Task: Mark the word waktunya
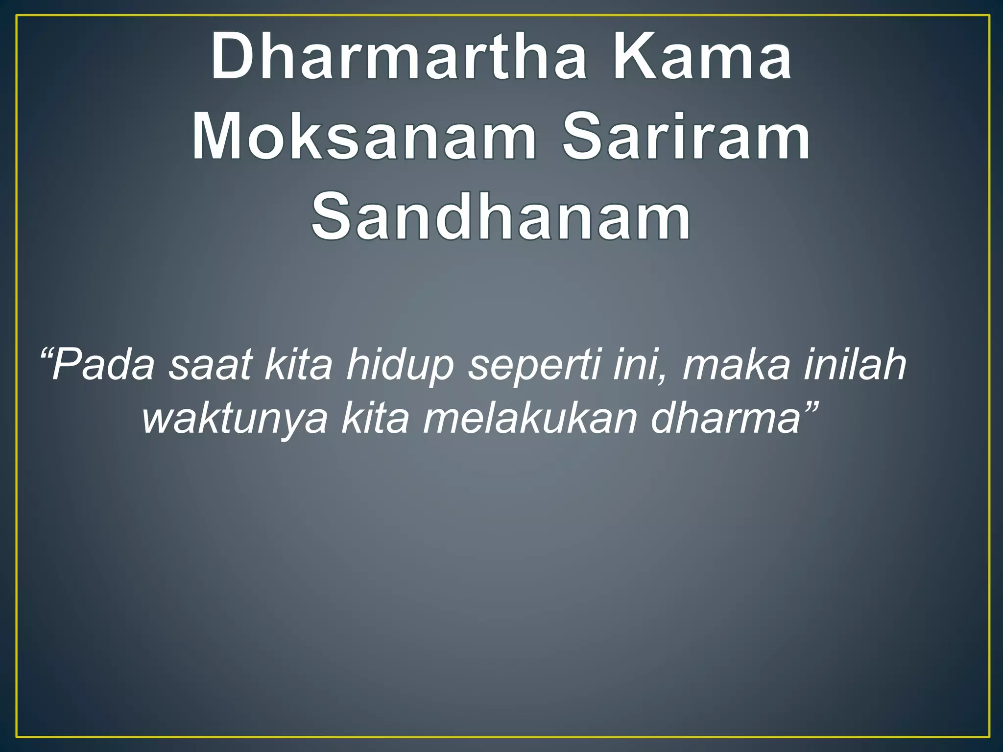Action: point(235,420)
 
